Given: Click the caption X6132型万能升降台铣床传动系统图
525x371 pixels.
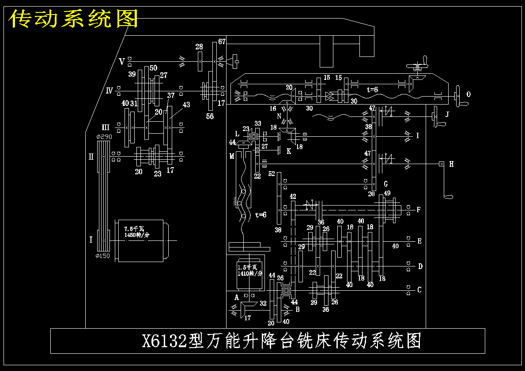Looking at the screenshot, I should (x=281, y=341).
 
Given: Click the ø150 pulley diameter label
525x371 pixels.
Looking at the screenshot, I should (x=102, y=256).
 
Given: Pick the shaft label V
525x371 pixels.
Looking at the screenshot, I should (x=121, y=61).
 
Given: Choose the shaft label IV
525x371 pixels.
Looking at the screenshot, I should (x=110, y=91).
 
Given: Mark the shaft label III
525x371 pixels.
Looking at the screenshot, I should (x=106, y=127).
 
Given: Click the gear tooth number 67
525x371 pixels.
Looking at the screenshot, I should (x=222, y=42).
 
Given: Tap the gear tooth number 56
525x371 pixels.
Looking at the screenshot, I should (x=210, y=116).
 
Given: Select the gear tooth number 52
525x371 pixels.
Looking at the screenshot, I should (x=271, y=174).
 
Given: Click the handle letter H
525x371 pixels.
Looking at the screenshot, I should (x=451, y=164).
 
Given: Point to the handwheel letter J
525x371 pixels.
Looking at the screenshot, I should (x=447, y=115).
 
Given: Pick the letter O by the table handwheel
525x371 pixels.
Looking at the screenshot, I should (x=468, y=94).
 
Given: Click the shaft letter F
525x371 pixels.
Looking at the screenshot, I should (x=419, y=210).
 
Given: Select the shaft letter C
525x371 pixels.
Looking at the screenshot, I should (x=419, y=290).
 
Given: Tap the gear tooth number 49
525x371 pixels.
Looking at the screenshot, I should (x=387, y=193).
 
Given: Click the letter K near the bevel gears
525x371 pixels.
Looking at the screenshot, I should (x=289, y=151).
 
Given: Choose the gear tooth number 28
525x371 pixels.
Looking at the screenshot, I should (x=199, y=47).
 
